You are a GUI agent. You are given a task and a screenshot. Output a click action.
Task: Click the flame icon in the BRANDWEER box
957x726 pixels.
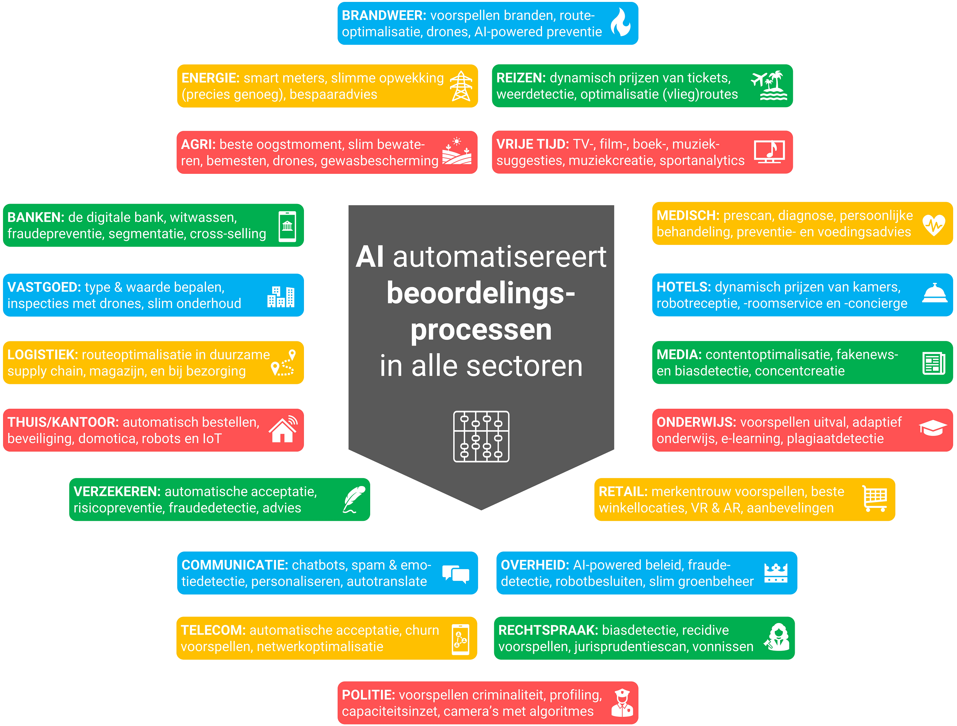[621, 22]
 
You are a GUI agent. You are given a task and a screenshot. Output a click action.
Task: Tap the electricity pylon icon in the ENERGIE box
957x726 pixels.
[461, 86]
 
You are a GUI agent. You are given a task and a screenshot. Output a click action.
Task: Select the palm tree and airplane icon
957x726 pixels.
[770, 85]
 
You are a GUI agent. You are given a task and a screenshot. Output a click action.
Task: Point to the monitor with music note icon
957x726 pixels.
[769, 152]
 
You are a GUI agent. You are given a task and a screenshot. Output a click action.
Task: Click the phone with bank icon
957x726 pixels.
[287, 226]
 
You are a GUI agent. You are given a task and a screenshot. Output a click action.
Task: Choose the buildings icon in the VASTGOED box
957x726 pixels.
[281, 297]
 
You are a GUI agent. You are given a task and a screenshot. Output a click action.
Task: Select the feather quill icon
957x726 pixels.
[354, 499]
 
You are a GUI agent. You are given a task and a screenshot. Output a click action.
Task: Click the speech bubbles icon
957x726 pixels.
[456, 574]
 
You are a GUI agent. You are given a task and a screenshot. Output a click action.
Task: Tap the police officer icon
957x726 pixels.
[622, 703]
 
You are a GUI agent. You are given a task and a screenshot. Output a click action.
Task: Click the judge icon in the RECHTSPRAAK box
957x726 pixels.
[777, 637]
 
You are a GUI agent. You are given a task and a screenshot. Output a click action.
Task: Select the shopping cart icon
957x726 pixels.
[875, 498]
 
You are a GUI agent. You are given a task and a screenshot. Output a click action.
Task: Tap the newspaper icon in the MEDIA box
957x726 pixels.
[934, 363]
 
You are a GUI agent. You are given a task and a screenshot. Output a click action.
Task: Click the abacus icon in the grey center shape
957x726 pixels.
[481, 437]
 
